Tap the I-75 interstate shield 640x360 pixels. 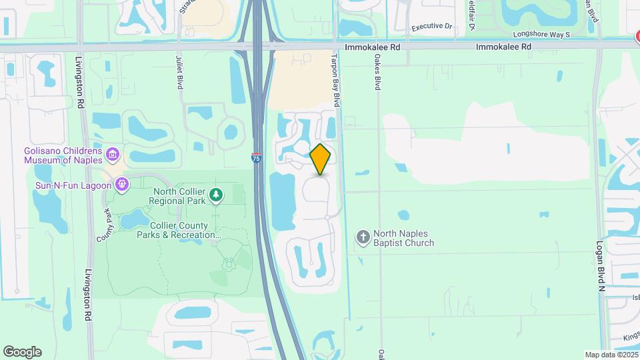coord(257,157)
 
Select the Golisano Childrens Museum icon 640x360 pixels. coord(113,155)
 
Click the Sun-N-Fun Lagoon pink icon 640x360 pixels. coord(121,183)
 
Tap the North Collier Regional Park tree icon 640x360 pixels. coord(215,195)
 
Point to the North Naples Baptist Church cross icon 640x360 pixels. coord(363,237)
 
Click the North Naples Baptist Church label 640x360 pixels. coord(404,238)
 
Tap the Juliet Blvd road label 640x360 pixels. coord(179,73)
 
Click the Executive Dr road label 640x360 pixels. coord(431,27)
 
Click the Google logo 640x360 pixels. coord(22,352)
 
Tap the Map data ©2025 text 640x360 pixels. coord(610,355)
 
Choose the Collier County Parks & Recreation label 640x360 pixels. coord(179,230)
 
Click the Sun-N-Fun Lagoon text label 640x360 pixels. coord(73,185)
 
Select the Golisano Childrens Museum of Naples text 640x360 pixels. coord(63,155)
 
